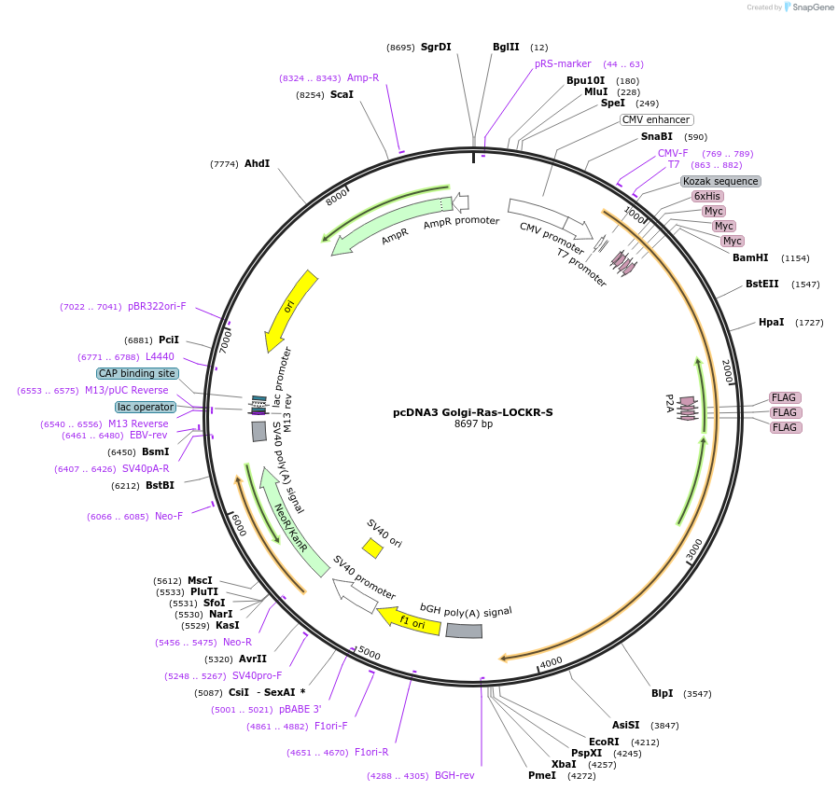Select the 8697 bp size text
click(473, 423)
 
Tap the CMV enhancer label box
click(656, 119)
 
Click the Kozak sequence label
click(720, 181)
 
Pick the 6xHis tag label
click(706, 196)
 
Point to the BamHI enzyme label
click(750, 257)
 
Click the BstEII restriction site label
click(761, 284)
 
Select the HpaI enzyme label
click(771, 322)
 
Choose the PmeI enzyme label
click(541, 775)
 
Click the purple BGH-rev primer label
click(454, 775)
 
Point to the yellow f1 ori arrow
click(409, 622)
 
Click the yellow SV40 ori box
click(372, 548)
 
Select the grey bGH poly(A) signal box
click(464, 631)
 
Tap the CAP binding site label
click(136, 373)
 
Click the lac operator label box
click(145, 407)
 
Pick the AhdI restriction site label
click(257, 163)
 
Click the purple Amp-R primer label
click(363, 77)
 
